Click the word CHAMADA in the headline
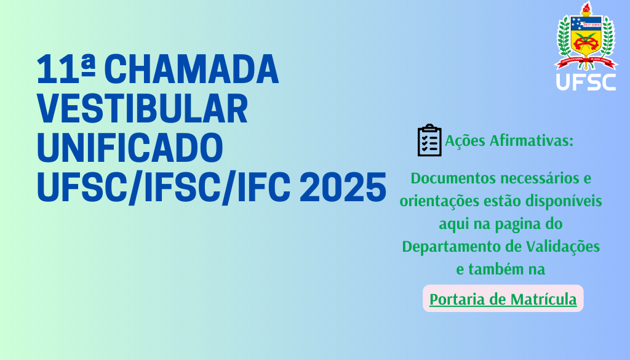tap(191, 70)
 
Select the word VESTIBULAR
tap(142, 109)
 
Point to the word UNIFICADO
tap(130, 148)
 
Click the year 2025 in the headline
tap(343, 187)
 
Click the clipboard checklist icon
tap(429, 140)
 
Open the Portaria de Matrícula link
tap(503, 299)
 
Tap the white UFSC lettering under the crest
tap(586, 82)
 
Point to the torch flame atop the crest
tap(586, 6)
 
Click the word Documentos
tap(452, 178)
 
